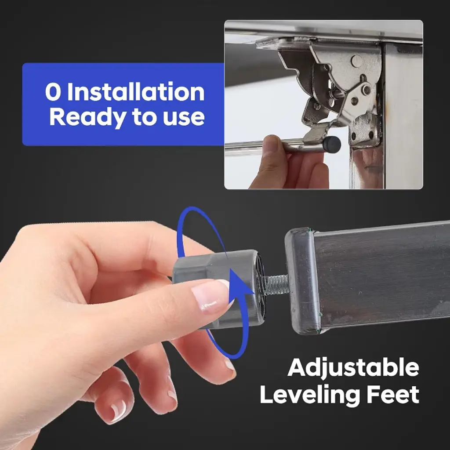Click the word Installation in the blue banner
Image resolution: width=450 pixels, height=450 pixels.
[136, 92]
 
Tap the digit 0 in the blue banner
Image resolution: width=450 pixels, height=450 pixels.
[53, 92]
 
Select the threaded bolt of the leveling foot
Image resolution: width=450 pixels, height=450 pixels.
[273, 285]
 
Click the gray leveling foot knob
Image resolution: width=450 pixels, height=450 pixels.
[218, 287]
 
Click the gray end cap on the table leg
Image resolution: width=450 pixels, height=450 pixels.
[303, 281]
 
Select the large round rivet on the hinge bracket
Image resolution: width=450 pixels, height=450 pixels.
[357, 61]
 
